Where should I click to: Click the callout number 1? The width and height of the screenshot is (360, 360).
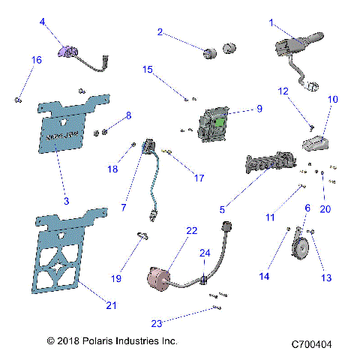pyautogui.click(x=271, y=23)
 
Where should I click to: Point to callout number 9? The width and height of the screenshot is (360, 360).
pyautogui.click(x=259, y=109)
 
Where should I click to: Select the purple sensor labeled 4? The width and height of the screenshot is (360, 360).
pyautogui.click(x=65, y=52)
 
